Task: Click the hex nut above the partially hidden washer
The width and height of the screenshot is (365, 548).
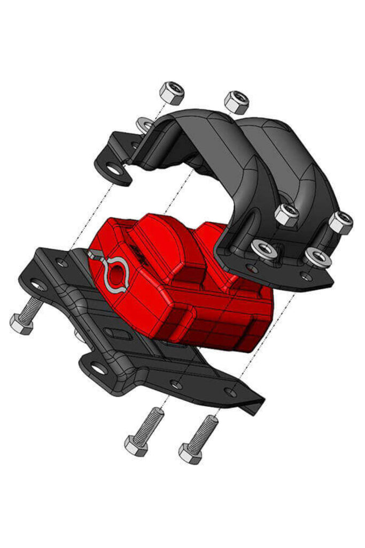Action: pyautogui.click(x=172, y=93)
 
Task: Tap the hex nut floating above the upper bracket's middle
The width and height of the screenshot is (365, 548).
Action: pyautogui.click(x=236, y=102)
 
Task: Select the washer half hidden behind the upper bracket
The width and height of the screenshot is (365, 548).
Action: pyautogui.click(x=144, y=125)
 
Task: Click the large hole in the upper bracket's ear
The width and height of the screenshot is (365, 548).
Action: pyautogui.click(x=113, y=170)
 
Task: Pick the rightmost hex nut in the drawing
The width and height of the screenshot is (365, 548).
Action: pyautogui.click(x=340, y=222)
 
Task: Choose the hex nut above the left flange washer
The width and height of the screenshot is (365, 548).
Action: pyautogui.click(x=286, y=215)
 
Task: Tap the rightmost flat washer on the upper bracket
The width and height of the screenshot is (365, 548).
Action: pyautogui.click(x=318, y=258)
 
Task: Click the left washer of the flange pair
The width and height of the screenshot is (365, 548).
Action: pyautogui.click(x=264, y=248)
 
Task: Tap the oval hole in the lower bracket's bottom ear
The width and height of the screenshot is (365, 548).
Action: pyautogui.click(x=99, y=368)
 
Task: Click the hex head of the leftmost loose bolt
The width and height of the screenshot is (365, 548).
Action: pyautogui.click(x=136, y=445)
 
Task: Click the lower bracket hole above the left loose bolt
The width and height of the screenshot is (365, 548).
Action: pyautogui.click(x=176, y=383)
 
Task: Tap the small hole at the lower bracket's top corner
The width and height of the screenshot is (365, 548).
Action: pyautogui.click(x=63, y=263)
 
